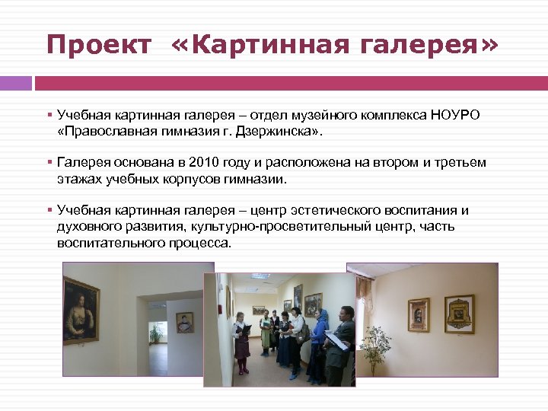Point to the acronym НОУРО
(x=455, y=115)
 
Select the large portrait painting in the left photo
(x=81, y=311)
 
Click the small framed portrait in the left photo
(x=184, y=322)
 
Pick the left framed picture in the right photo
(x=417, y=314)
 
